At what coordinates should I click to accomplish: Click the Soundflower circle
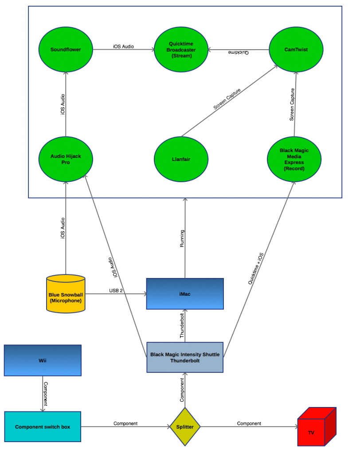[66, 50]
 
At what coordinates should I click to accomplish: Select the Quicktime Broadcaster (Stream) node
[181, 50]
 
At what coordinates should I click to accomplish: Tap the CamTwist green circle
[296, 50]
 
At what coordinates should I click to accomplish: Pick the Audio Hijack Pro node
[66, 159]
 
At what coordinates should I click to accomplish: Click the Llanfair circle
[181, 159]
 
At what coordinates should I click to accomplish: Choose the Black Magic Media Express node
[294, 159]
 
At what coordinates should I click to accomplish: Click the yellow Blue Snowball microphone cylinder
[66, 294]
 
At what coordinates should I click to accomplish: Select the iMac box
[185, 294]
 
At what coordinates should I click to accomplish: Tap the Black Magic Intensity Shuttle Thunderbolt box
[185, 357]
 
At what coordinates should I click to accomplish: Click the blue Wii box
[43, 360]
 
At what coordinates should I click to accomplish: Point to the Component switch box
[43, 427]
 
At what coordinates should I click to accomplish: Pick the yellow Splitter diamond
[185, 427]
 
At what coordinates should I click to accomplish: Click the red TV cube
[317, 427]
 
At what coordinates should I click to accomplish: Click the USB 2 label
[116, 290]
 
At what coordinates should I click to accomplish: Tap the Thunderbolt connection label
[182, 326]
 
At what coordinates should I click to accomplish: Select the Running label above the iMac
[182, 239]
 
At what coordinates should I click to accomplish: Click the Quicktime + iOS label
[256, 269]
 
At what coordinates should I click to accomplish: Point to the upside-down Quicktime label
[239, 52]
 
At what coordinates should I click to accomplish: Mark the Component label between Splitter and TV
[249, 423]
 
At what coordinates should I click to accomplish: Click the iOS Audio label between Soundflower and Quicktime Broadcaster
[123, 46]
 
